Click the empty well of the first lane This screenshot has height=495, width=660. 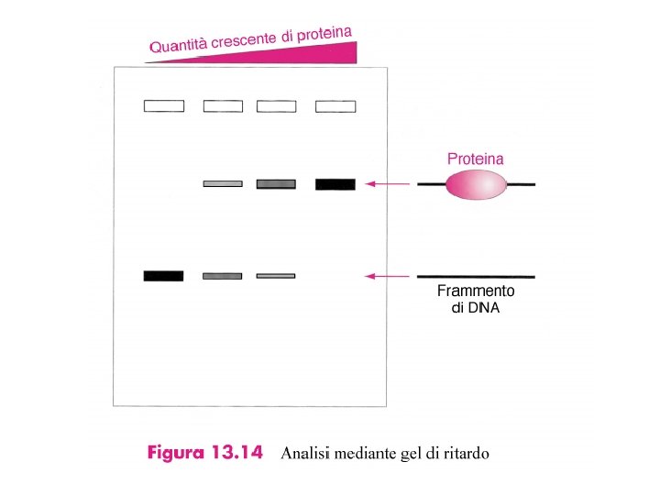click(164, 106)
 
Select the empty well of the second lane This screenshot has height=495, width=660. click(223, 106)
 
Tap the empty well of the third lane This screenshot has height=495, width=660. click(276, 106)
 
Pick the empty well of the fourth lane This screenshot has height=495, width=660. click(335, 106)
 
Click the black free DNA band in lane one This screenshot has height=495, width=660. click(164, 276)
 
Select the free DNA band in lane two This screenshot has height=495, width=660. click(223, 276)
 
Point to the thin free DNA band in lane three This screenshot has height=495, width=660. click(276, 275)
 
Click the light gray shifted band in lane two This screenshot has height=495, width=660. click(223, 183)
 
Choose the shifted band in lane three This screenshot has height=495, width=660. click(276, 184)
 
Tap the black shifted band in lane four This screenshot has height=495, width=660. click(335, 184)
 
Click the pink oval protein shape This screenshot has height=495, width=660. click(476, 184)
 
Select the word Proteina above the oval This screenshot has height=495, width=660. click(475, 159)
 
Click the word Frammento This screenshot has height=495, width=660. click(476, 291)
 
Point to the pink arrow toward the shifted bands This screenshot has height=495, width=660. click(387, 184)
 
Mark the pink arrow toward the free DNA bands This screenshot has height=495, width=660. click(387, 275)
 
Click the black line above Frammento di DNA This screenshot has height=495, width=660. click(476, 276)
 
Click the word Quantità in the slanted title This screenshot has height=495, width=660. click(179, 45)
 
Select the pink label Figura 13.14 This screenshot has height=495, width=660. click(206, 453)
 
